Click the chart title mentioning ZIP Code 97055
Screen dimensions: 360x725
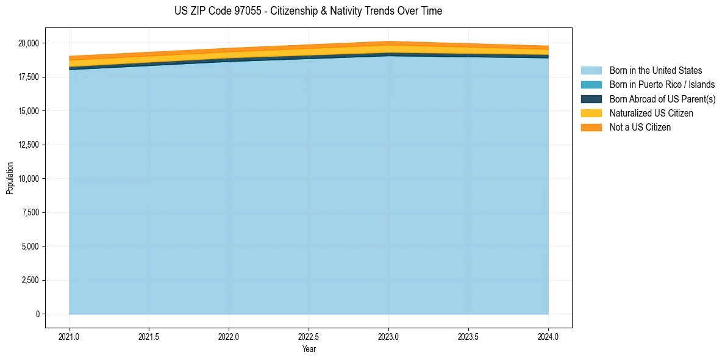[308, 11]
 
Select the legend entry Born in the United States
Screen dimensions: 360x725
[655, 71]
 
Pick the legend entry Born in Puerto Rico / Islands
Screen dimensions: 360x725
[662, 85]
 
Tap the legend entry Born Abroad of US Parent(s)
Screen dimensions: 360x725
[662, 99]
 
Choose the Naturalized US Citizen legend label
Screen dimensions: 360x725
[651, 113]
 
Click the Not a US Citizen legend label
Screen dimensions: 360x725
[640, 128]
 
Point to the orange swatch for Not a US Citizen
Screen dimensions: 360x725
[591, 128]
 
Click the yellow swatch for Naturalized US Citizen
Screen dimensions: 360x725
[591, 113]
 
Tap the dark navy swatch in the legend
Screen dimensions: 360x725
[591, 99]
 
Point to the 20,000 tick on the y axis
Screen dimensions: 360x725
[28, 43]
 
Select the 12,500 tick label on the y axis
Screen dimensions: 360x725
[28, 145]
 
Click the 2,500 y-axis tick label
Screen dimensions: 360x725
[30, 281]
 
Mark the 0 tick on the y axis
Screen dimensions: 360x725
[37, 314]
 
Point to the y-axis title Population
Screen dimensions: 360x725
[10, 178]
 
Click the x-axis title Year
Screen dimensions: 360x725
[309, 349]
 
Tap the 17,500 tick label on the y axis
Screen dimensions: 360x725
[28, 77]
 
